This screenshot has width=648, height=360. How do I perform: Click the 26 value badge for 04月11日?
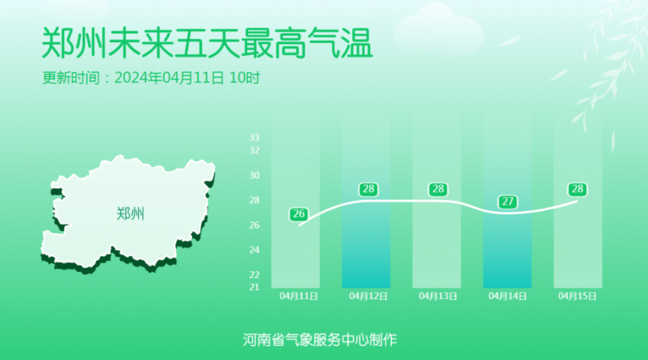point(299,214)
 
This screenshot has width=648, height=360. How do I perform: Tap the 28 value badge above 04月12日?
point(368,189)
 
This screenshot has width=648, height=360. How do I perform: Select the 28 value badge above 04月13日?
point(438,189)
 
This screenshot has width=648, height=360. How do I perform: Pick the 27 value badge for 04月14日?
point(508,202)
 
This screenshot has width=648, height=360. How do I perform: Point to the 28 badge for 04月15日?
point(577,189)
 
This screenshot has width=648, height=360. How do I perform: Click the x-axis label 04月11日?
point(299,296)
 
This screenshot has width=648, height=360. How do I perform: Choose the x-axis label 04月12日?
point(368,296)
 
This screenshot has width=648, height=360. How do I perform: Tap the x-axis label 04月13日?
point(438,296)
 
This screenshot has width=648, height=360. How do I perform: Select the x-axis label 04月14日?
point(508,296)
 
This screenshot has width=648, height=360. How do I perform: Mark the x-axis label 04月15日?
point(577,296)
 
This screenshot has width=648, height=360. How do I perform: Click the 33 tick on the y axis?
point(254,137)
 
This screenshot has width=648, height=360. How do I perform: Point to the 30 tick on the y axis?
point(254,175)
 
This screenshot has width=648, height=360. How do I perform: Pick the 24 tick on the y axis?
point(254,250)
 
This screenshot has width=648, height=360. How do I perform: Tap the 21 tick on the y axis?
point(254,287)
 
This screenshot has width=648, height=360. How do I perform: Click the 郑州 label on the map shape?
point(130,214)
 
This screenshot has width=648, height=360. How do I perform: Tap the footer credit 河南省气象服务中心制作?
point(320,340)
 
